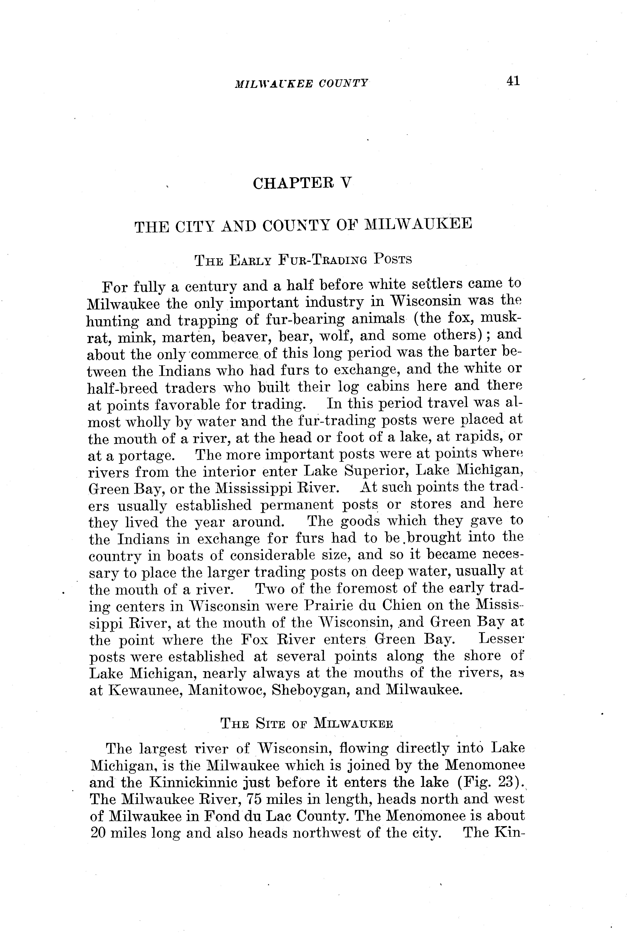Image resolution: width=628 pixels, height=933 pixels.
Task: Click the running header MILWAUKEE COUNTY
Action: pyautogui.click(x=301, y=83)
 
